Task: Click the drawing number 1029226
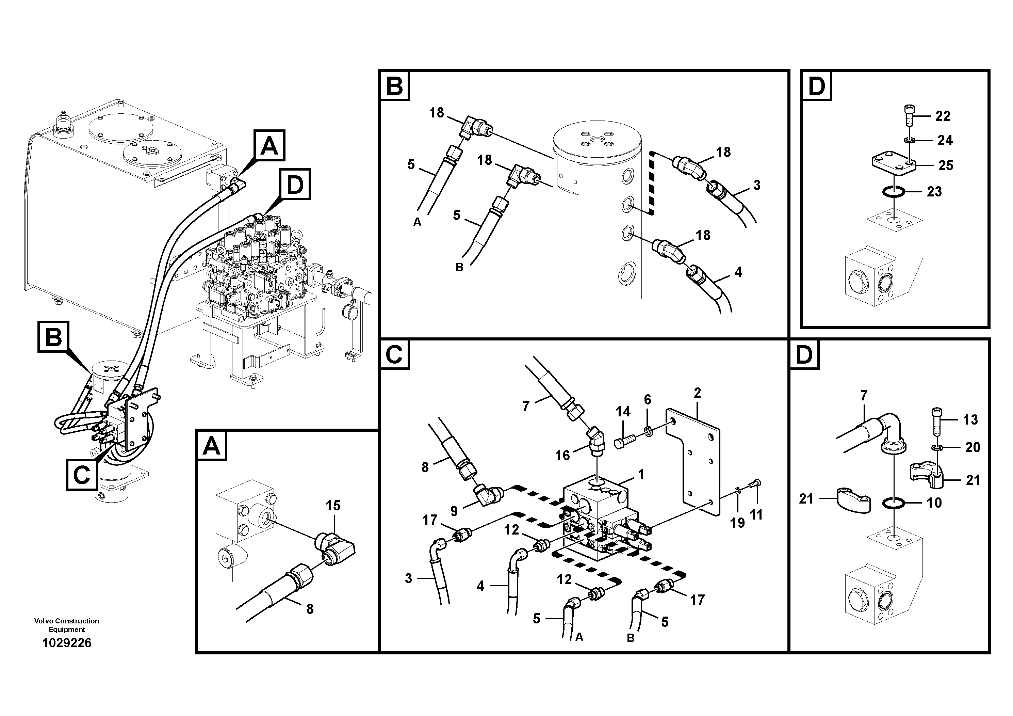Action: [x=67, y=643]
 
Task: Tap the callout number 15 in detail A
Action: [x=333, y=506]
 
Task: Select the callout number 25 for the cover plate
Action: [x=946, y=165]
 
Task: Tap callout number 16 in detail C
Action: [x=562, y=455]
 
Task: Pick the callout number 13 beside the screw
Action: [x=970, y=419]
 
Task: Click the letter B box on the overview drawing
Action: [x=53, y=337]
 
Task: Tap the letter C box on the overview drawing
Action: [x=82, y=475]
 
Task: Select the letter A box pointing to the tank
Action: [x=269, y=145]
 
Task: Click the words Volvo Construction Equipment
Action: [x=67, y=625]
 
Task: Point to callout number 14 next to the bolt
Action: [x=623, y=412]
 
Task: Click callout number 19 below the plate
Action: [x=737, y=523]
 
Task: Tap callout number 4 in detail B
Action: [x=738, y=272]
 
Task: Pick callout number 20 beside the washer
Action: [x=973, y=447]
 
